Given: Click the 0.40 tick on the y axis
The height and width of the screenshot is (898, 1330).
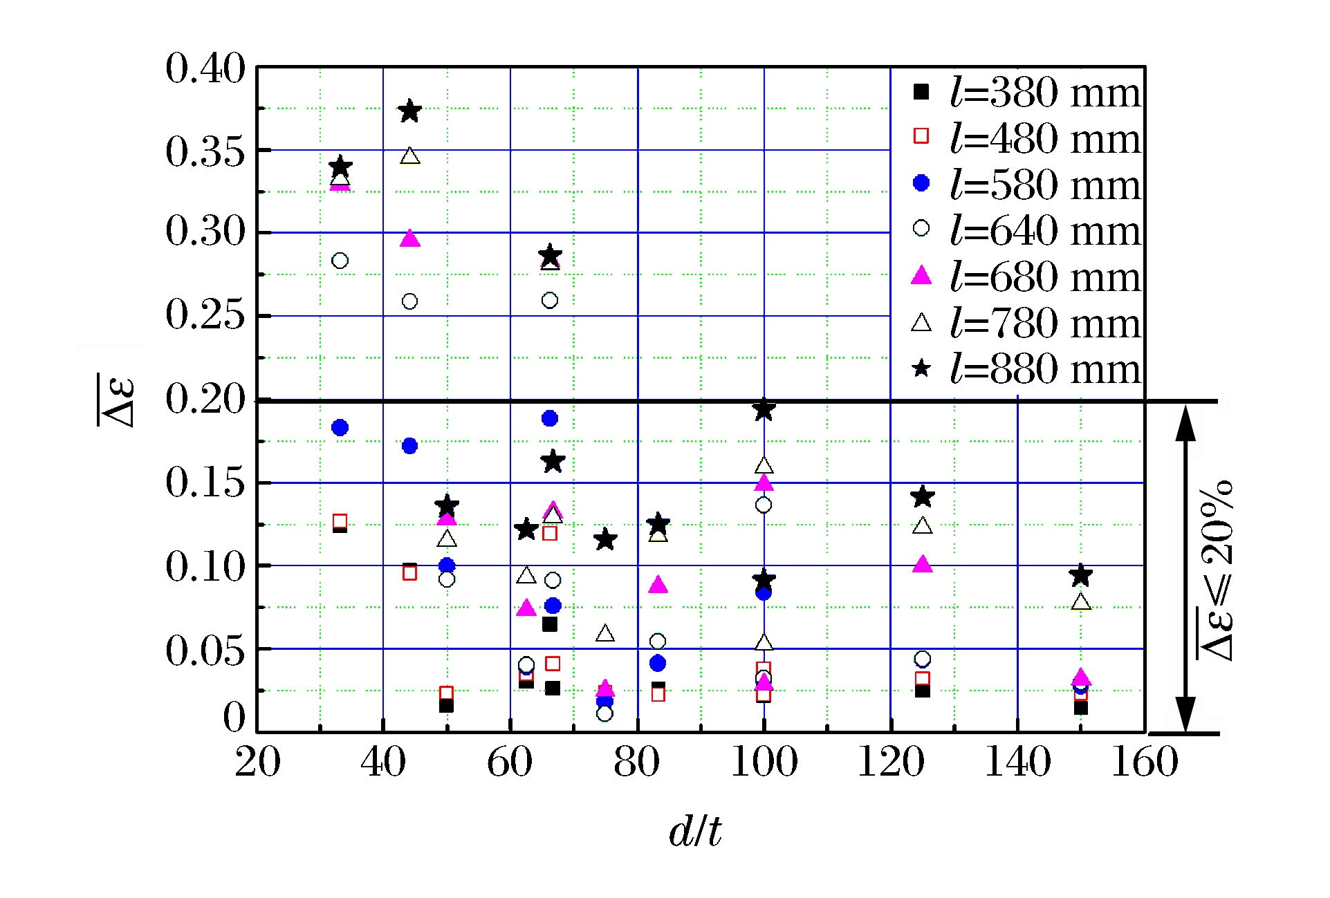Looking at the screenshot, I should [x=205, y=68].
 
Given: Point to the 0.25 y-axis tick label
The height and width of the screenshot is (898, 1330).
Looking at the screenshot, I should [x=205, y=315].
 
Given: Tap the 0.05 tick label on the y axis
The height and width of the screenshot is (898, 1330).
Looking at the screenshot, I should [x=205, y=650].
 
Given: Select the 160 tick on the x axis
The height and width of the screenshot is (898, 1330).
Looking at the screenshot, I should [x=1145, y=762].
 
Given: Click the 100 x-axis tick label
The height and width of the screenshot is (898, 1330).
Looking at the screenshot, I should [x=764, y=762].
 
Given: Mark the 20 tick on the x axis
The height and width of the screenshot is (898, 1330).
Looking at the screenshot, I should [x=257, y=762].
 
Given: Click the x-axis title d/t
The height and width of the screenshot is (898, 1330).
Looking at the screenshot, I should [x=695, y=831].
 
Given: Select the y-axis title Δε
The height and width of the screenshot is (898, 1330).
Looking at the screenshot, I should [x=116, y=401].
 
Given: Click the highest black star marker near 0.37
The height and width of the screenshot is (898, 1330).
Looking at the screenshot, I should [x=410, y=111].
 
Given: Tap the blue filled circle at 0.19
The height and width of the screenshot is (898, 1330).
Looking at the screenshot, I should [x=550, y=418].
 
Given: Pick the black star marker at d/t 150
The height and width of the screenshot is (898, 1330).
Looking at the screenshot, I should [x=1080, y=575].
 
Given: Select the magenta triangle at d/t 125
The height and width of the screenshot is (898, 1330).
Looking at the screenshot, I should [x=923, y=564].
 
